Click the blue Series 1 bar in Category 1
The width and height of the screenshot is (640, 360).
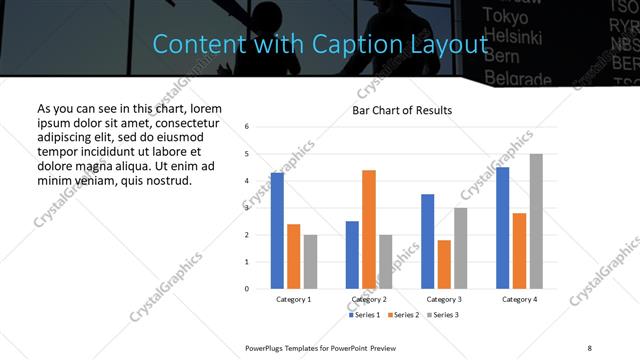pos(277,231)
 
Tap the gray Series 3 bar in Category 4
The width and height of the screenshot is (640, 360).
pos(536,221)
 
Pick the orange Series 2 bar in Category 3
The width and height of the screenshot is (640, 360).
pos(445,264)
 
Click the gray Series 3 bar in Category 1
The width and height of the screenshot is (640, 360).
pos(310,262)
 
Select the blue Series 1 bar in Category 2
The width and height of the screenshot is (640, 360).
pos(352,255)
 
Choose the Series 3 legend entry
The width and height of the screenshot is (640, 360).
pos(444,315)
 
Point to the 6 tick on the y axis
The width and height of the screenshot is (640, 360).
pos(247,127)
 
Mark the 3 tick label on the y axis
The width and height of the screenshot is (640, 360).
pos(247,208)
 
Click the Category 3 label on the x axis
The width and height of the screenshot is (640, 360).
pos(445,299)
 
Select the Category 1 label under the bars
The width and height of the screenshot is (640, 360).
pos(293,299)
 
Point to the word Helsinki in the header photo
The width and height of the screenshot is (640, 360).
pos(512,37)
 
